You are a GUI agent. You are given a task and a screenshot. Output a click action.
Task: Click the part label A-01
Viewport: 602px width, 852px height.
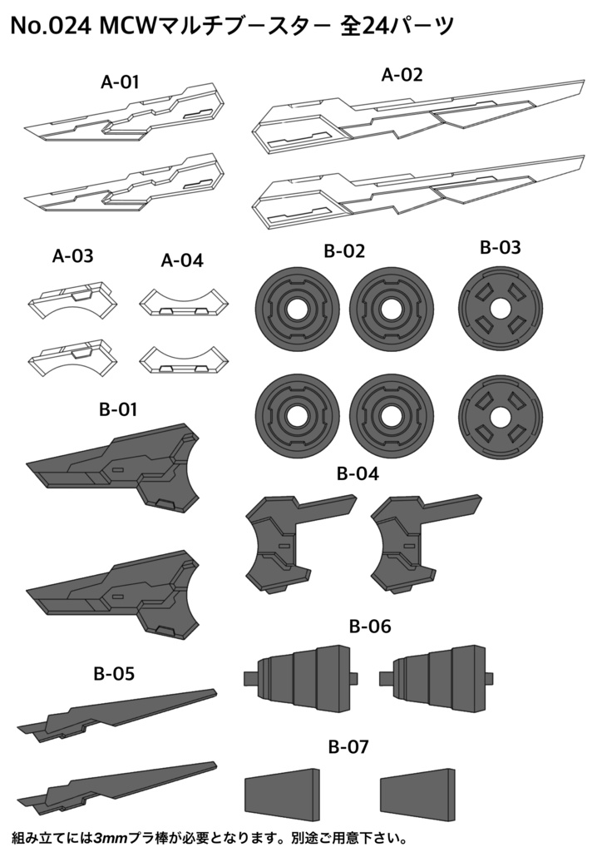pos(120,82)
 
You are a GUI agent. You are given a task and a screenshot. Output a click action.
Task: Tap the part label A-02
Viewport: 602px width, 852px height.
pos(402,75)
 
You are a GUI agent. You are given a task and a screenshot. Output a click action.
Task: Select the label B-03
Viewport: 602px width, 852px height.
pos(501,247)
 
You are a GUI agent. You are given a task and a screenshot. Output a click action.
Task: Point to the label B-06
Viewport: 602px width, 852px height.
pos(370,626)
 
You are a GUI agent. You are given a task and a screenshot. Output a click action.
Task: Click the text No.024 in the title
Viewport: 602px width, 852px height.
pos(51,27)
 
